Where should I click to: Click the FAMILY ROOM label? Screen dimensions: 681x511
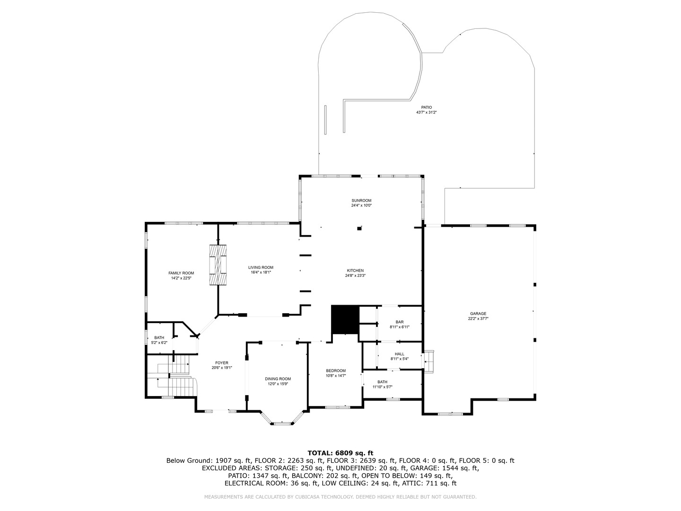coord(181,273)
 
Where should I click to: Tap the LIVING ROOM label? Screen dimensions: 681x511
coord(261,267)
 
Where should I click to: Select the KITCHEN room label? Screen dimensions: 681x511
coord(355,271)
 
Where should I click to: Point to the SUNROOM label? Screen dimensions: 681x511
coord(361,201)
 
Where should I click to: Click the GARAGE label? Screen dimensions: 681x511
coord(478,314)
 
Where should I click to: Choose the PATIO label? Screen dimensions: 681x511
coord(426,107)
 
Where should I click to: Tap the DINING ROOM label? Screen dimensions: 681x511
coord(278,379)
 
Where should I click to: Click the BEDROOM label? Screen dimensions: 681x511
coord(336,371)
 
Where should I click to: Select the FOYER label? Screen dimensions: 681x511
coord(221,363)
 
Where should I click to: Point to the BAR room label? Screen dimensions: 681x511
coord(400,322)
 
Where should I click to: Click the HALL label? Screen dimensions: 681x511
coord(400,354)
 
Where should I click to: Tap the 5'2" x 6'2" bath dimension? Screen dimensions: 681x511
coord(159,343)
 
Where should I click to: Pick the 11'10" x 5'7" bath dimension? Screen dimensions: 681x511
coord(382,387)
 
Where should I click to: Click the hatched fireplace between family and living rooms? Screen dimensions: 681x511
coord(218,265)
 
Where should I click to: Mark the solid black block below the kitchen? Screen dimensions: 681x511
coord(345,320)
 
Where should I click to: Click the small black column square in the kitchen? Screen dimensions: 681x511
coord(359,229)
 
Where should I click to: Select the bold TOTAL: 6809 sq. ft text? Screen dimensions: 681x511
coord(340,453)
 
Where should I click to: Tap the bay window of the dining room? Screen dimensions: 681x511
coord(282,419)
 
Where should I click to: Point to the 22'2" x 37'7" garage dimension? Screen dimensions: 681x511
coord(478,318)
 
